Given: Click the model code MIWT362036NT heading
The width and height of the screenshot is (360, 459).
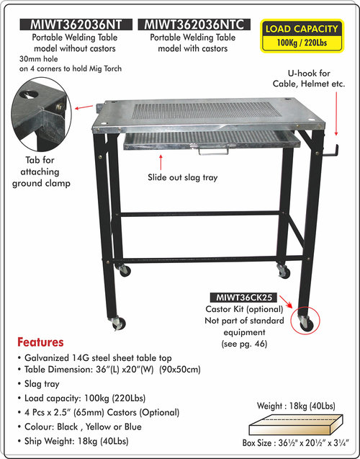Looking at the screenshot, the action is point(76,24).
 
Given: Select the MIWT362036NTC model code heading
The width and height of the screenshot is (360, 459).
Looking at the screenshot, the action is point(194,24).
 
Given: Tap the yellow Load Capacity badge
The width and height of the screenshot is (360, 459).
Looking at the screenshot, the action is point(302,36).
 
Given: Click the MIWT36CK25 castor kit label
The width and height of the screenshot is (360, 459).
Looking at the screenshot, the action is point(243,298).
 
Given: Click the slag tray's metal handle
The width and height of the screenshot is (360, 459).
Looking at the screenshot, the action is point(213,151).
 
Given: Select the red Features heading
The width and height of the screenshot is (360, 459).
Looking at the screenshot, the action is point(40,342).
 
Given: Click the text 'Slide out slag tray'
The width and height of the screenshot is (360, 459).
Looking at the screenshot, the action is point(182,177).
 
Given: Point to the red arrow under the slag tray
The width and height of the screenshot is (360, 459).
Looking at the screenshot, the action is point(161,162).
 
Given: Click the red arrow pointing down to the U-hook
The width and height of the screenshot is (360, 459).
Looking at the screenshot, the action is point(336,114).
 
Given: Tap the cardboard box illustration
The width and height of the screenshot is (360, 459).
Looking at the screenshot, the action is point(296,424).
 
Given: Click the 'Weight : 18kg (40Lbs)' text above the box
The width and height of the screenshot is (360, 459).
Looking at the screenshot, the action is point(296,406).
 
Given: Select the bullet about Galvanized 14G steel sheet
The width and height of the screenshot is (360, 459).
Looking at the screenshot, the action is point(94,358).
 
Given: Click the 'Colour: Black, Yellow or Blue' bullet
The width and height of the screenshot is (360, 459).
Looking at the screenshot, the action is point(79,427).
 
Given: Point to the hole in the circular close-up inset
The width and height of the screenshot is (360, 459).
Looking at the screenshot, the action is point(30,94).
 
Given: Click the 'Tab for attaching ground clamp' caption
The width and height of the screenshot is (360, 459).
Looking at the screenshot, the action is point(41,171).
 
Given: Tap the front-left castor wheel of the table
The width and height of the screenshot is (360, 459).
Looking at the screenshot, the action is point(119,324).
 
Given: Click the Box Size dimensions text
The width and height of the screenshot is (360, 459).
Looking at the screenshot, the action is point(296,443).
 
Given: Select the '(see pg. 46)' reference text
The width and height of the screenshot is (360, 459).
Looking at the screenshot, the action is point(245,344).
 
